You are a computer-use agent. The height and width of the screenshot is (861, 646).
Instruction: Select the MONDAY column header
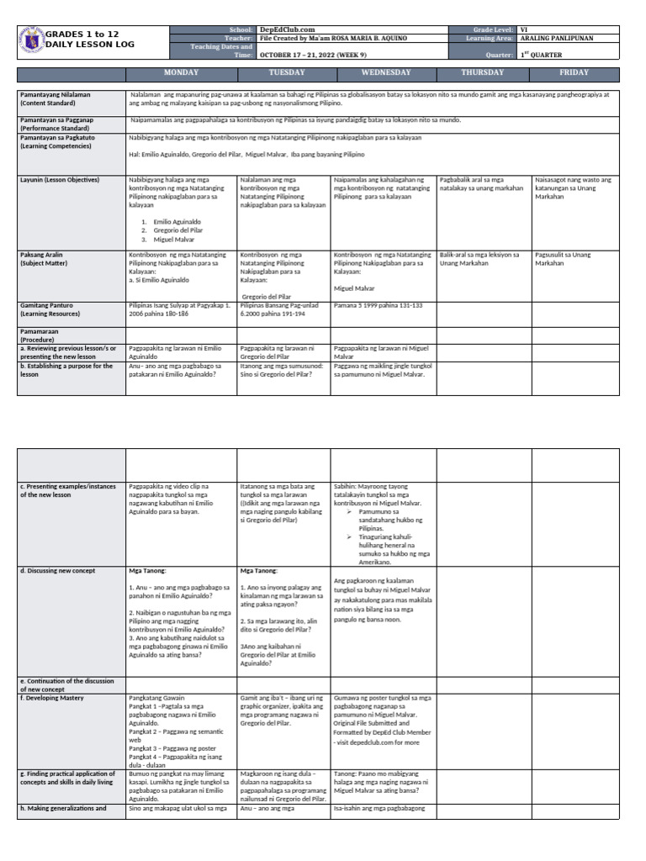pyautogui.click(x=180, y=73)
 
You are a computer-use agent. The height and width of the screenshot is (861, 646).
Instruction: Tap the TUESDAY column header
pyautogui.click(x=284, y=73)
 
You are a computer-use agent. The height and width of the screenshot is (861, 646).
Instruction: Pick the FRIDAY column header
pyautogui.click(x=575, y=73)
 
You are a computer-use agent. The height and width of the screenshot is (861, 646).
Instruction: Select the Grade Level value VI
pyautogui.click(x=524, y=29)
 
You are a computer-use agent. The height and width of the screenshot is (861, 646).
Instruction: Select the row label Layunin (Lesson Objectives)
pyautogui.click(x=59, y=180)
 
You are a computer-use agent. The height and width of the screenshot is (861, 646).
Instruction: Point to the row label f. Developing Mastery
pyautogui.click(x=59, y=697)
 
